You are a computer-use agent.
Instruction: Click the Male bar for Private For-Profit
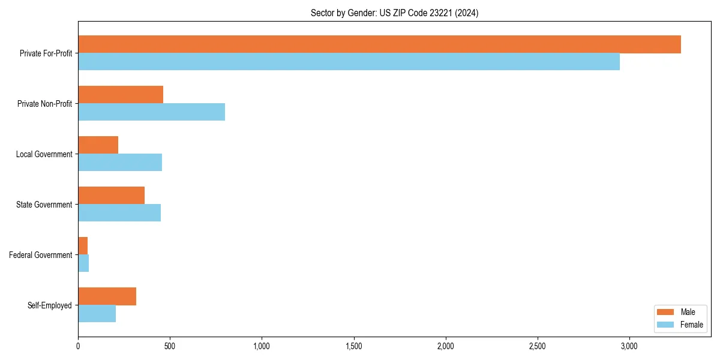pyautogui.click(x=379, y=44)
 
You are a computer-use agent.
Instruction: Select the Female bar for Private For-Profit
pyautogui.click(x=349, y=61)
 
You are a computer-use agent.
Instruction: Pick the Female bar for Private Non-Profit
pyautogui.click(x=151, y=112)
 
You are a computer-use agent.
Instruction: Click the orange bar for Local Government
pyautogui.click(x=98, y=145)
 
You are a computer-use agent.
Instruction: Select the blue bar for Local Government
pyautogui.click(x=120, y=162)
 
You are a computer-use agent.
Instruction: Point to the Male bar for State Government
pyautogui.click(x=111, y=196)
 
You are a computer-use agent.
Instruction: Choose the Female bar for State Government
pyautogui.click(x=119, y=212)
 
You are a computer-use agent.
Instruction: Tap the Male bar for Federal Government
pyautogui.click(x=83, y=246)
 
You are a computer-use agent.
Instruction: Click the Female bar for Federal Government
pyautogui.click(x=83, y=263)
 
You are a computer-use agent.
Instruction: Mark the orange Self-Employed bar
pyautogui.click(x=107, y=296)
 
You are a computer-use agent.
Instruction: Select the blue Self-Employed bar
pyautogui.click(x=97, y=313)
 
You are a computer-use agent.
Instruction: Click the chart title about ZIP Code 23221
pyautogui.click(x=394, y=13)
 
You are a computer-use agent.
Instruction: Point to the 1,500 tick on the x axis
pyautogui.click(x=354, y=346)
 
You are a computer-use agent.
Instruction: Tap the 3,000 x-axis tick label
pyautogui.click(x=629, y=346)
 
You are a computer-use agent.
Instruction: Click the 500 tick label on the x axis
pyautogui.click(x=170, y=346)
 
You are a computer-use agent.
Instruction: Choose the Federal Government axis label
pyautogui.click(x=41, y=255)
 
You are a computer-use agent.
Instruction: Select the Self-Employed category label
pyautogui.click(x=50, y=305)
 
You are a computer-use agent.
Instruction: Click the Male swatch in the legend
pyautogui.click(x=666, y=312)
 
